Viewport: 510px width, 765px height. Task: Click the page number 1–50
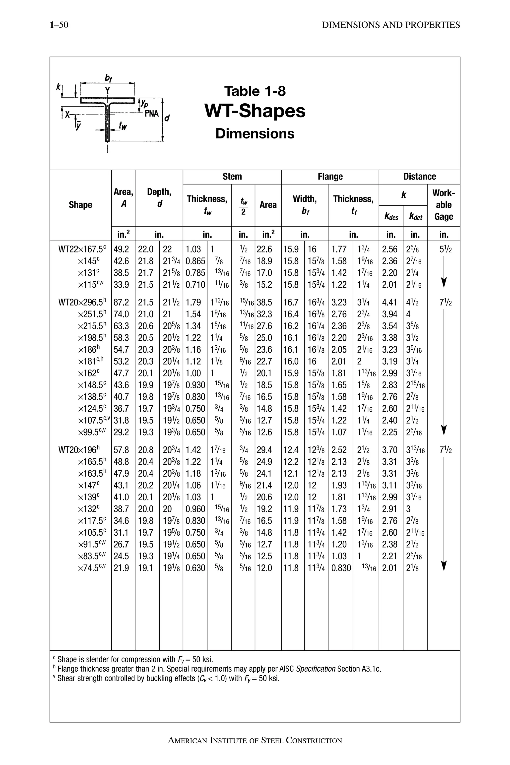pyautogui.click(x=59, y=25)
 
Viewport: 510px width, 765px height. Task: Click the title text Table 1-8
pyautogui.click(x=255, y=91)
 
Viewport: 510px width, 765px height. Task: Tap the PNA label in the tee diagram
pyautogui.click(x=152, y=114)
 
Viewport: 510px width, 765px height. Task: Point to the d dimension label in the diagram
pyautogui.click(x=167, y=118)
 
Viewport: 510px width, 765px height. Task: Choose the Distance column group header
pyautogui.click(x=419, y=177)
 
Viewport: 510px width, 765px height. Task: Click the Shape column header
pyautogui.click(x=80, y=205)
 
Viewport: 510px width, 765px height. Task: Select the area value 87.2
pyautogui.click(x=121, y=303)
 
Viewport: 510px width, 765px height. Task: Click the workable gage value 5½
pyautogui.click(x=445, y=250)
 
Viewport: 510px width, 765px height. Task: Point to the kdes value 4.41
pyautogui.click(x=390, y=303)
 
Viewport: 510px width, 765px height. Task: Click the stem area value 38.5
pyautogui.click(x=264, y=303)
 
